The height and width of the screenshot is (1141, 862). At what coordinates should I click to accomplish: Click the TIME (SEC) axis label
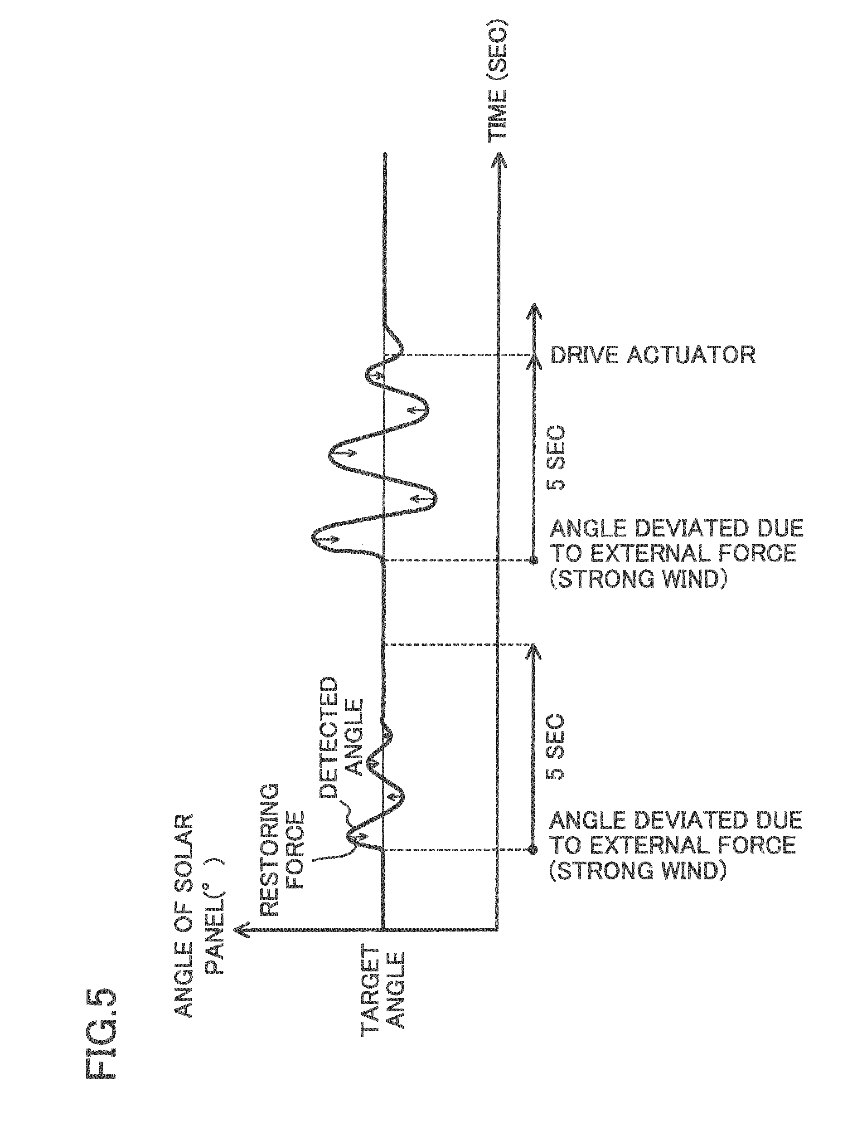(x=498, y=80)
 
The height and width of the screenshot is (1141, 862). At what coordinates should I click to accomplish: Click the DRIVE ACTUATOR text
(x=653, y=356)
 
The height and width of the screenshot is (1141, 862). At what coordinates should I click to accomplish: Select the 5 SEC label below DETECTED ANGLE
(x=557, y=746)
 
